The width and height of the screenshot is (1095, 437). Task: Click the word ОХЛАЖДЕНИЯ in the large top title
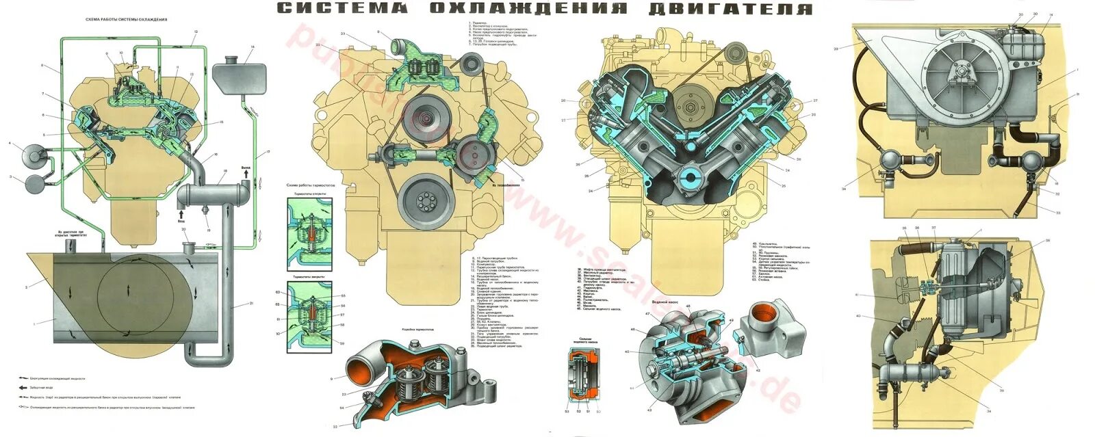click(529, 9)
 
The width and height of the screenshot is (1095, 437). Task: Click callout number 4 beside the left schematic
click(10, 144)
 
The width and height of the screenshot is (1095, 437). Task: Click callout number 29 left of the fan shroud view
click(836, 49)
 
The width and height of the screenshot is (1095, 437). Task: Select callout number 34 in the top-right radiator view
click(844, 189)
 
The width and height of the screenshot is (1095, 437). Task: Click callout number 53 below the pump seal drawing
click(567, 412)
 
